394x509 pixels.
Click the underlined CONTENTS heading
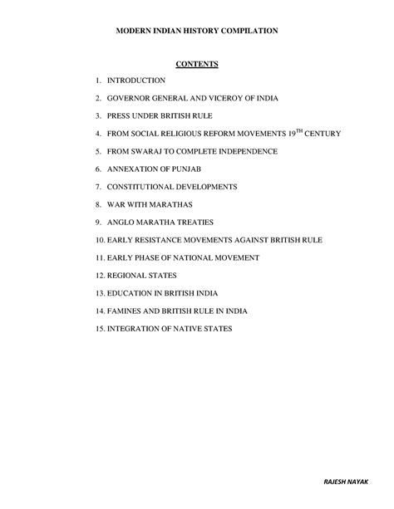click(196, 64)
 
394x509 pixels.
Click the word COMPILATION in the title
click(247, 30)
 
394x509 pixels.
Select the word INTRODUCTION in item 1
click(135, 81)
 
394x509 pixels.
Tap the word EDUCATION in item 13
click(131, 293)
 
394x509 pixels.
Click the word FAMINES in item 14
click(126, 311)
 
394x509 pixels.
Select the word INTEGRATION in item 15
click(135, 329)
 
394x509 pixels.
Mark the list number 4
click(98, 134)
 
